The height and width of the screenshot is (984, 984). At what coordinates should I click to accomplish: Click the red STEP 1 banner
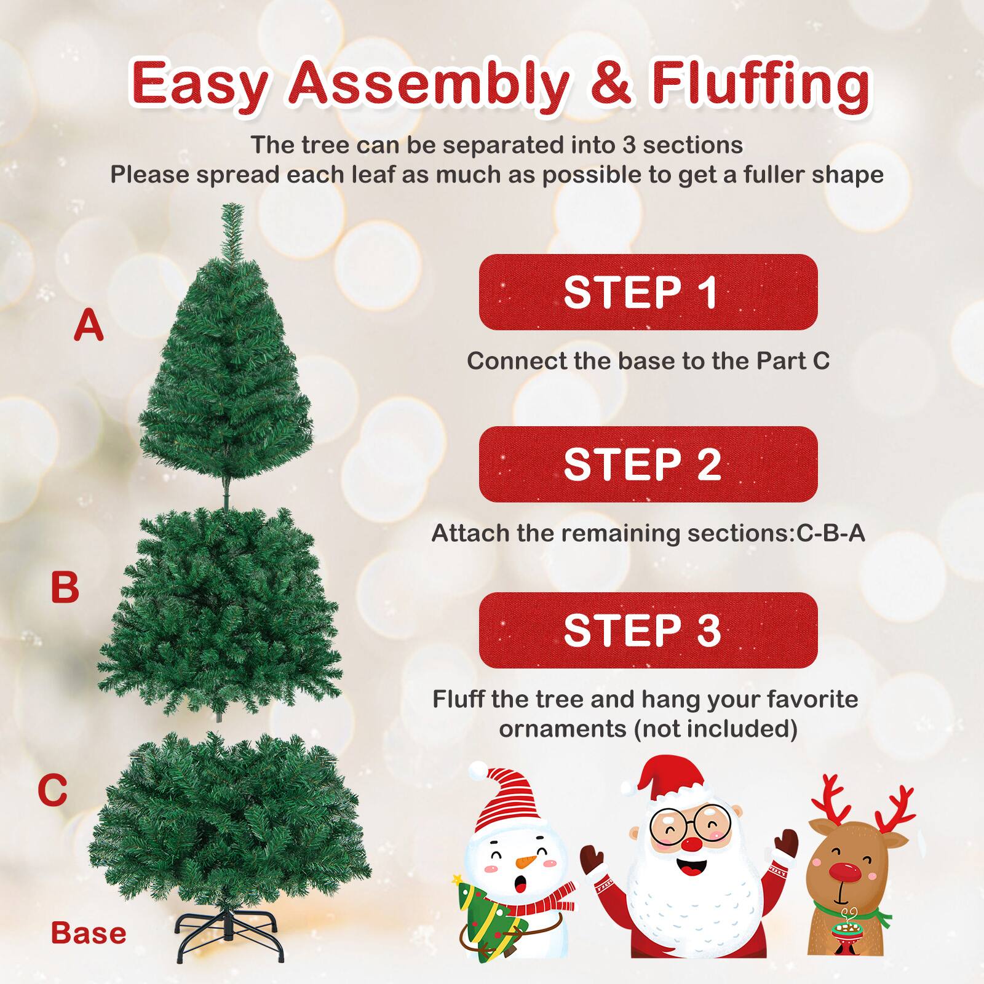point(648,292)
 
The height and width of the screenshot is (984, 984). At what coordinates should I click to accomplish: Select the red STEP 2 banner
point(648,464)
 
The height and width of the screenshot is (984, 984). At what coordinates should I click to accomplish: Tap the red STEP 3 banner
point(648,630)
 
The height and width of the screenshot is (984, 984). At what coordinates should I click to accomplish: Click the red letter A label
point(89,326)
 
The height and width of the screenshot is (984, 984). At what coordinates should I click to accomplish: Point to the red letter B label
point(65,587)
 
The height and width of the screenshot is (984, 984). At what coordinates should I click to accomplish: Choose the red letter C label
point(52,790)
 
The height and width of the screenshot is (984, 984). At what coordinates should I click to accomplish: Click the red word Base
point(89,933)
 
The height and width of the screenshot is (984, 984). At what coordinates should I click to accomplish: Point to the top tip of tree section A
point(233,209)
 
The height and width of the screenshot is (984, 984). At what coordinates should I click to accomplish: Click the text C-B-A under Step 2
point(831,533)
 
